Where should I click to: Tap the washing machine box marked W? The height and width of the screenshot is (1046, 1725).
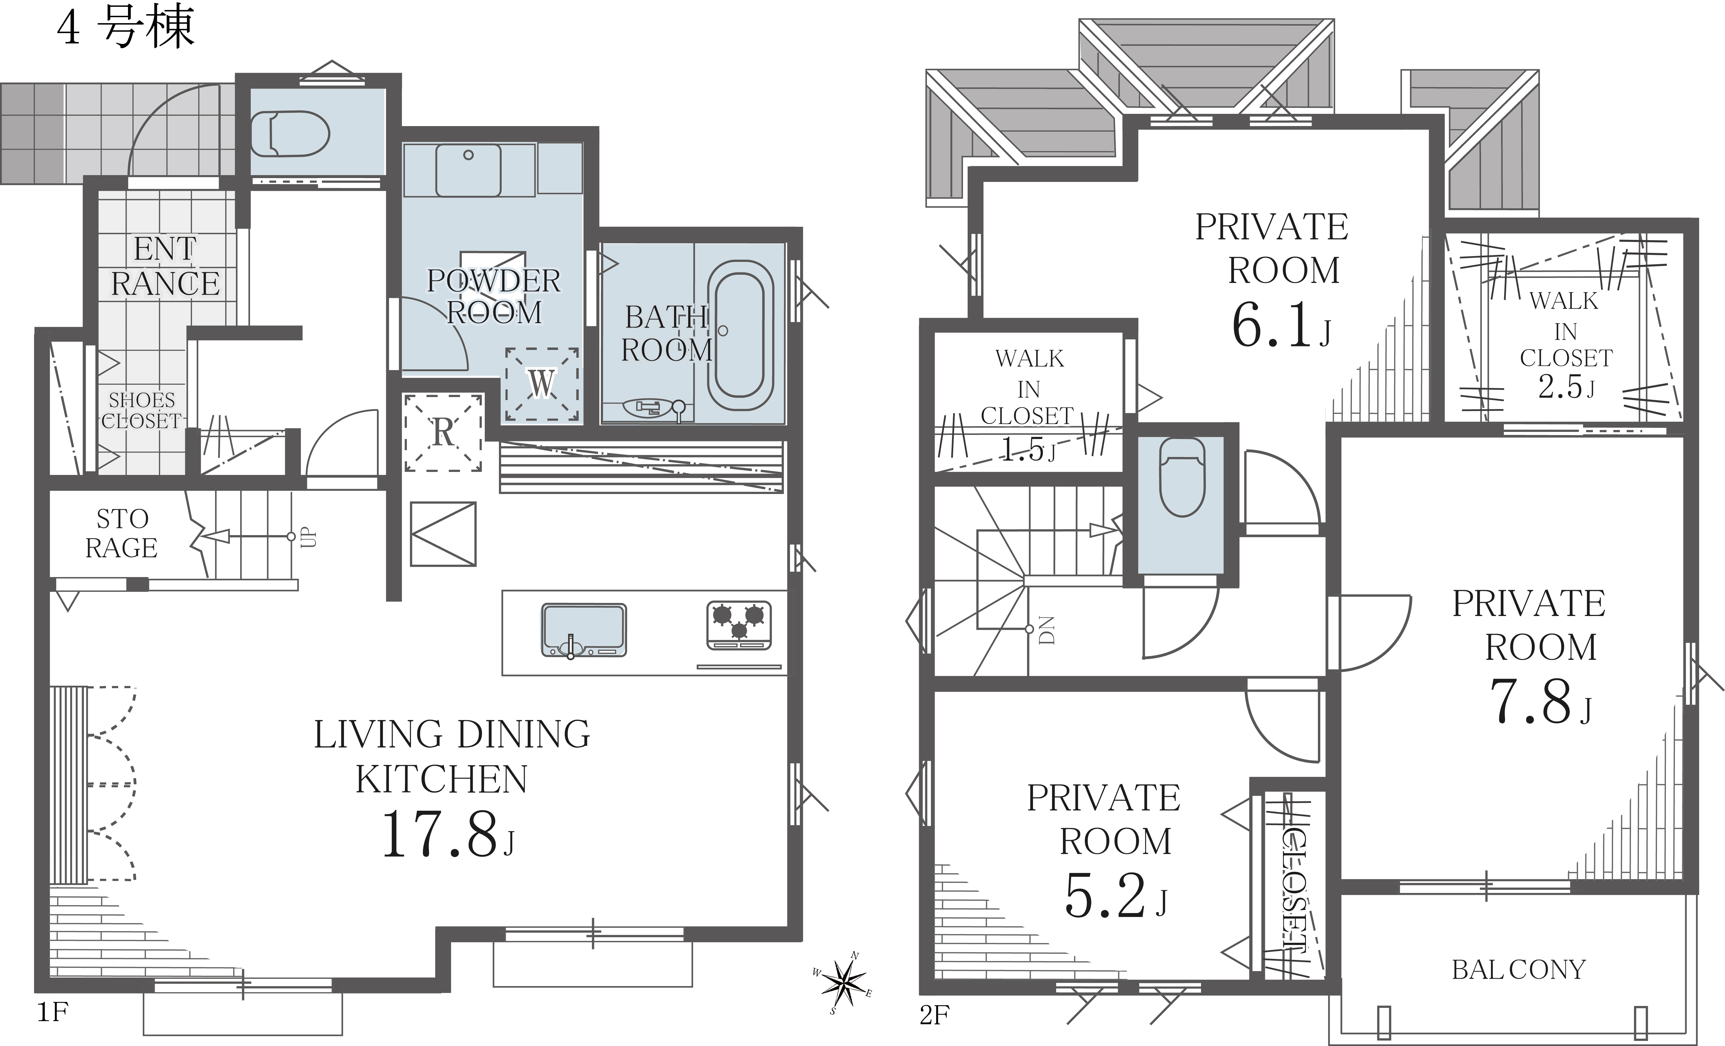(542, 384)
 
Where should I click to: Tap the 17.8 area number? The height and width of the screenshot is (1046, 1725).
(439, 835)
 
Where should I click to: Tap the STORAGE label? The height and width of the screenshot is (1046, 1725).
(122, 533)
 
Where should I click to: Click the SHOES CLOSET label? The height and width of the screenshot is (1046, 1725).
(141, 410)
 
